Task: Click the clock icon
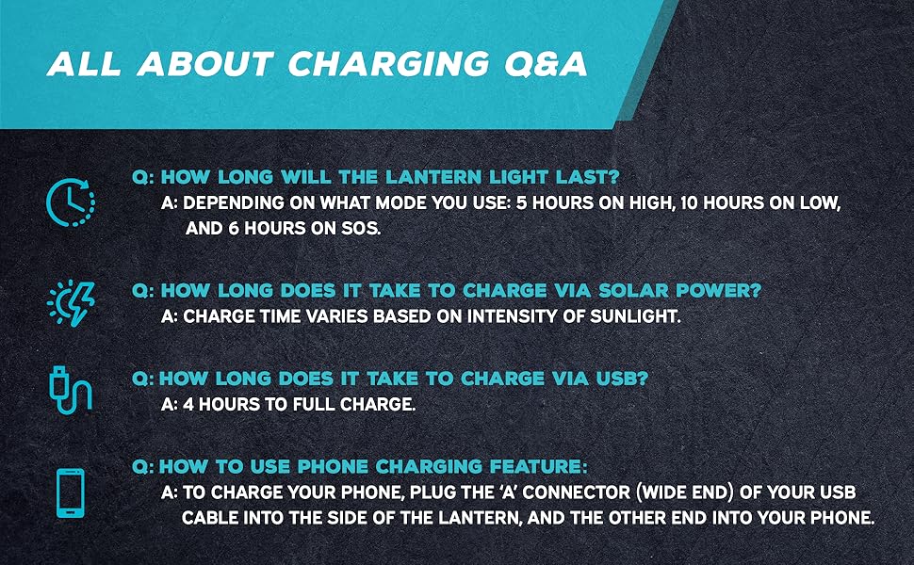(x=70, y=202)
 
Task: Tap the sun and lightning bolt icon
(x=71, y=303)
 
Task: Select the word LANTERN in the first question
(x=440, y=178)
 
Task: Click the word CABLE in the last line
(x=213, y=518)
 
